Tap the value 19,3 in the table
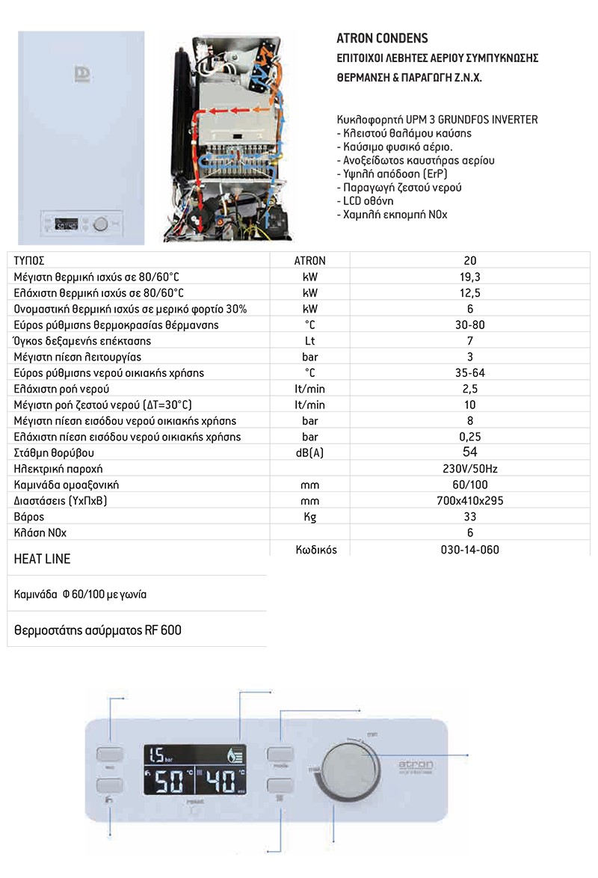click(x=469, y=277)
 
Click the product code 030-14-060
click(x=470, y=550)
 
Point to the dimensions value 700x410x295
click(x=469, y=500)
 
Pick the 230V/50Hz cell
click(x=469, y=469)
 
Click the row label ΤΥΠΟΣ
click(x=30, y=261)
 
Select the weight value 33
click(x=469, y=517)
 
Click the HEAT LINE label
click(x=43, y=559)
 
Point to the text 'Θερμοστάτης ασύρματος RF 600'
click(x=98, y=630)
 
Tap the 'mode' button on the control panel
click(x=281, y=754)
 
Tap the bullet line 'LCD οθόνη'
click(x=366, y=201)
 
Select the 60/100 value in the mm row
click(x=469, y=485)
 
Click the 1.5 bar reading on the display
click(x=161, y=754)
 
